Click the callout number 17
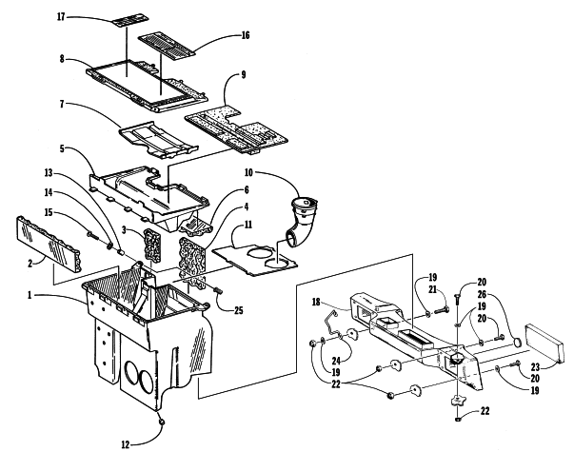coord(61,17)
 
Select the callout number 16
coord(246,35)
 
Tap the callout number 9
coord(244,74)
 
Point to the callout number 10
coord(248,172)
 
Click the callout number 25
coord(238,310)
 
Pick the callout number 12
coord(126,444)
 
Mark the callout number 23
coord(535,366)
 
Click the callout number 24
coord(336,361)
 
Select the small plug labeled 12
coord(161,423)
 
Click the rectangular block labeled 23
coord(544,344)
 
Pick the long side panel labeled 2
coord(48,244)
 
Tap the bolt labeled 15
coord(92,236)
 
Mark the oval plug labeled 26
coord(517,343)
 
